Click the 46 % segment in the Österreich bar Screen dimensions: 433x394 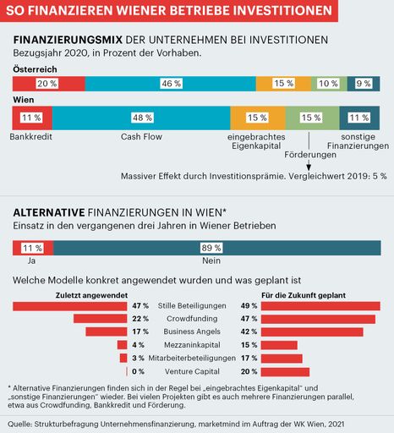[x=171, y=84]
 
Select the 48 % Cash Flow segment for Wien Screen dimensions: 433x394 [x=141, y=118]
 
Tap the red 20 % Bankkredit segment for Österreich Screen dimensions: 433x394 [x=47, y=84]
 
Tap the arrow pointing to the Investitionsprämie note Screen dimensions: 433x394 [x=309, y=166]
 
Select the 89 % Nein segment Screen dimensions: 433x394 [x=216, y=247]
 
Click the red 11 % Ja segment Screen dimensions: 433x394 [x=31, y=247]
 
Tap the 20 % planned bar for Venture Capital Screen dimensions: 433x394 [x=286, y=371]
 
